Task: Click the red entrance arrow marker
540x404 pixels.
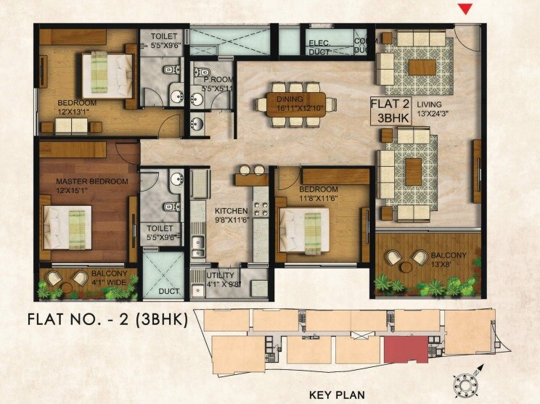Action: [x=467, y=9]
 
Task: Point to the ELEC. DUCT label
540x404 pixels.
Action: [x=319, y=47]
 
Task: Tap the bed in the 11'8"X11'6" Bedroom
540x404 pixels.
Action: [x=311, y=224]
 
